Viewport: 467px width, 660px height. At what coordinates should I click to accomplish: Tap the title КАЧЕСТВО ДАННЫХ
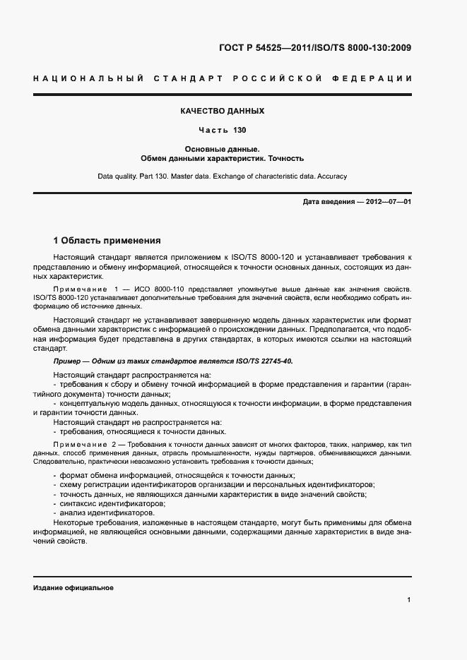pyautogui.click(x=223, y=111)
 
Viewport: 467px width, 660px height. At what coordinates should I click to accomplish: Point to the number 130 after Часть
pyautogui.click(x=240, y=130)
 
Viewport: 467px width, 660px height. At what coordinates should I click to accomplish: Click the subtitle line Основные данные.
pyautogui.click(x=223, y=149)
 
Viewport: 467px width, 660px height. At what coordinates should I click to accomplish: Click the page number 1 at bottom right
pyautogui.click(x=408, y=600)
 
